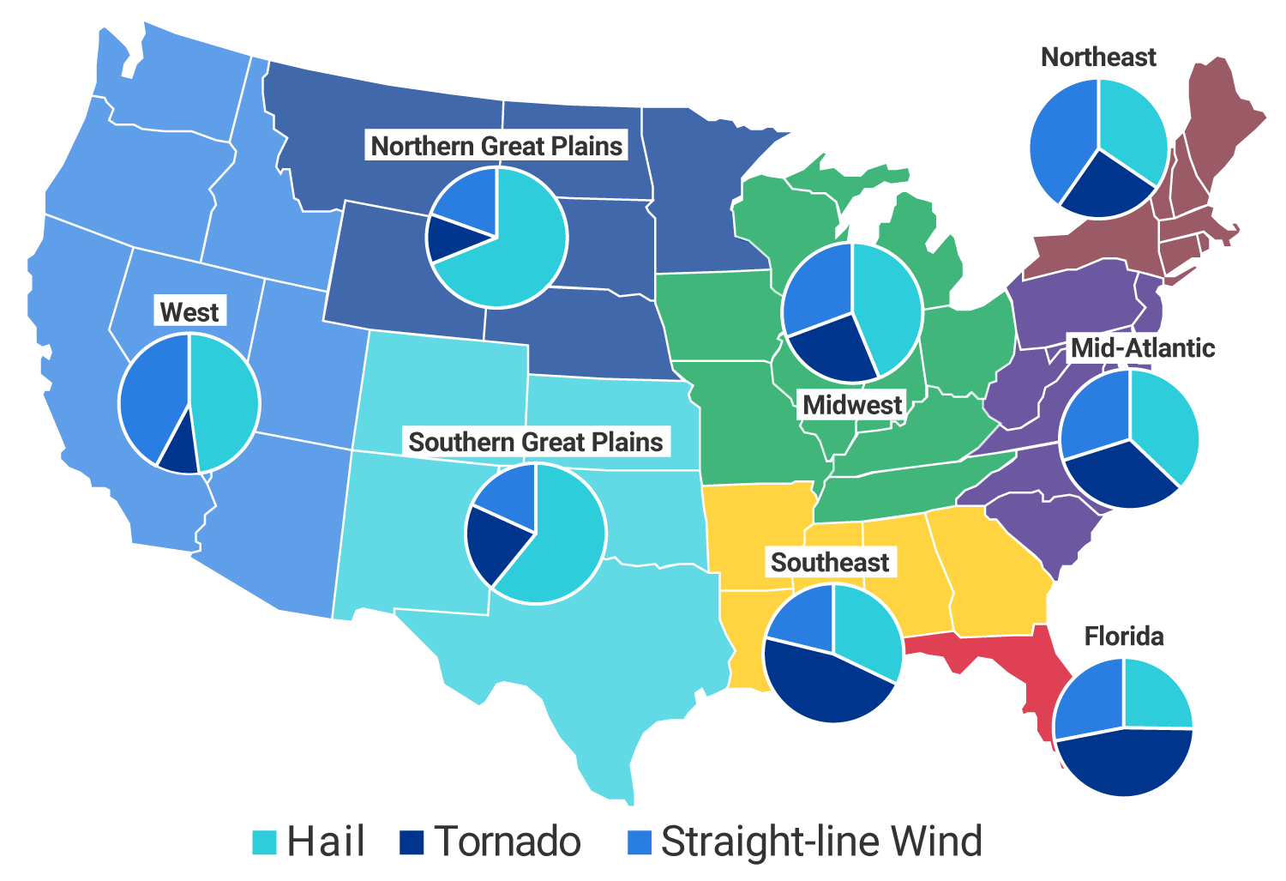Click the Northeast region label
1098,57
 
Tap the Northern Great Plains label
496,146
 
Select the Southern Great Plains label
536,442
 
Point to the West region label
189,311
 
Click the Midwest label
852,404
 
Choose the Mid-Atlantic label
1143,347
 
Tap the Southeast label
830,562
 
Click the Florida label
1124,636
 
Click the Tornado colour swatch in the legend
412,842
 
